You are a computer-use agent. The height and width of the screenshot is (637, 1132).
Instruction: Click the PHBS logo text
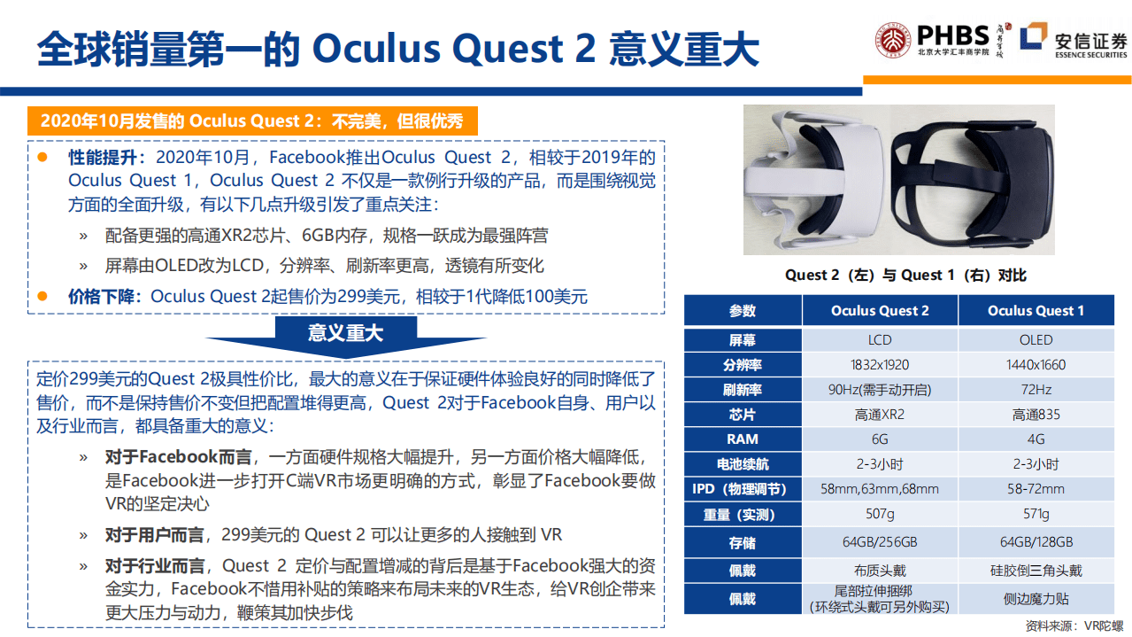pos(952,35)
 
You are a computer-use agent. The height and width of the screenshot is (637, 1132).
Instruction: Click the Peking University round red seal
pos(893,40)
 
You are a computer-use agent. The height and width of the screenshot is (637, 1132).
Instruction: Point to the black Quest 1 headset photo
pos(974,178)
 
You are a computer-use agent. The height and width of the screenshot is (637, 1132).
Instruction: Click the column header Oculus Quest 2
pos(880,311)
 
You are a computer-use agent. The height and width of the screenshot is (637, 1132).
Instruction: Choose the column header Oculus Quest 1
pos(1036,311)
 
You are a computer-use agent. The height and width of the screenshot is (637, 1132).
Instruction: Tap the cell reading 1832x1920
pos(880,365)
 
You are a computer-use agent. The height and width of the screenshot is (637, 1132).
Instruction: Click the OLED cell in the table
pos(1036,340)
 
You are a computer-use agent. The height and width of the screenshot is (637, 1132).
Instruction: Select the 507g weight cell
pos(880,514)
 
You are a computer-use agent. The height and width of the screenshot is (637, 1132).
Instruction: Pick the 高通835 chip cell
pos(1036,415)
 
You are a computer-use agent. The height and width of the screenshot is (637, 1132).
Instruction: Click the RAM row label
pos(743,439)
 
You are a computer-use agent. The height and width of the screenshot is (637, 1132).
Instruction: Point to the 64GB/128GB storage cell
pos(1036,542)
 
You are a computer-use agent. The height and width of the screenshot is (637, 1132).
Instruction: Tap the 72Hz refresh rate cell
pos(1036,390)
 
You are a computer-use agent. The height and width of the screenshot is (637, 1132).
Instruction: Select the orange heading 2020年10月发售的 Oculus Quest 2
pos(252,121)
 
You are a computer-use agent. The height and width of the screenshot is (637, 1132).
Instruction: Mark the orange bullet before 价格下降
pos(42,296)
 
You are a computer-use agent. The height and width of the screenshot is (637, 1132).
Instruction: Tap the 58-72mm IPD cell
pos(1036,489)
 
